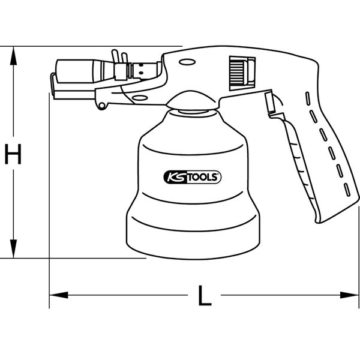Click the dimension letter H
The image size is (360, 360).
12,154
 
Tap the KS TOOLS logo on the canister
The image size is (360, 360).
193,177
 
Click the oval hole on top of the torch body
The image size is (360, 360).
187,61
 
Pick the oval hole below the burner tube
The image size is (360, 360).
140,97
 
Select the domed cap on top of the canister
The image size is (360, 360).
193,101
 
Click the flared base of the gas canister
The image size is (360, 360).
193,231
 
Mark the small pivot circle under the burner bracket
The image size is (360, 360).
103,106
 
